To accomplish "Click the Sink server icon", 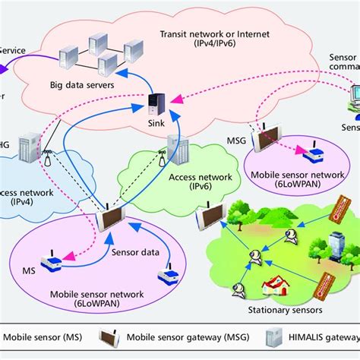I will tap(156, 103).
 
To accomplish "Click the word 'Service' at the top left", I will tap(12, 50).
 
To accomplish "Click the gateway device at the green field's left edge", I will tap(207, 217).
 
